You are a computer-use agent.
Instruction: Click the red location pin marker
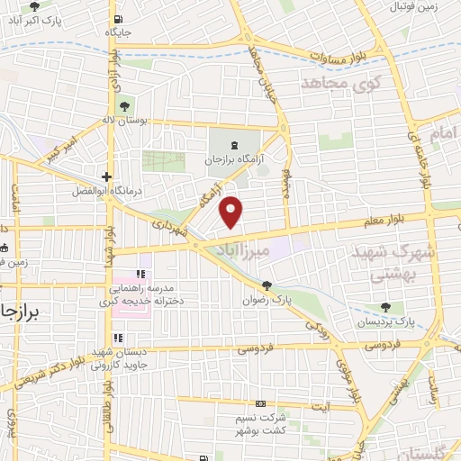tap(232, 211)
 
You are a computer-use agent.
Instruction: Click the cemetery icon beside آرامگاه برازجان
tap(235, 144)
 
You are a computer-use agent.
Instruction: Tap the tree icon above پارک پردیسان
tap(386, 307)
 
